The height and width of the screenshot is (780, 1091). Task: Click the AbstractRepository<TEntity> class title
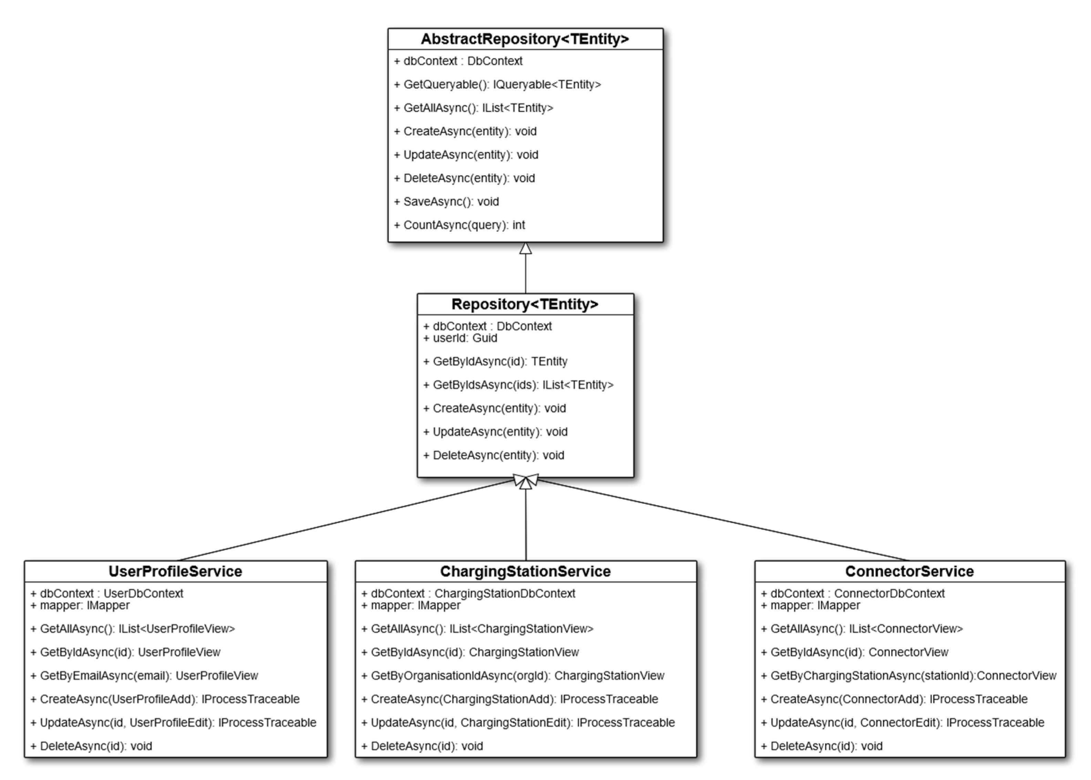(525, 39)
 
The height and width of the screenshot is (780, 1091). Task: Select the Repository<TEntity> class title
(525, 304)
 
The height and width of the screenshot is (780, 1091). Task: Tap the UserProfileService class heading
(175, 571)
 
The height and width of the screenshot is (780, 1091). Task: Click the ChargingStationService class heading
(525, 571)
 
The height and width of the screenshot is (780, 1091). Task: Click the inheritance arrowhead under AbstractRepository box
(526, 248)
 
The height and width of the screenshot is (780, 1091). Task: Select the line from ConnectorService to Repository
(721, 520)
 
